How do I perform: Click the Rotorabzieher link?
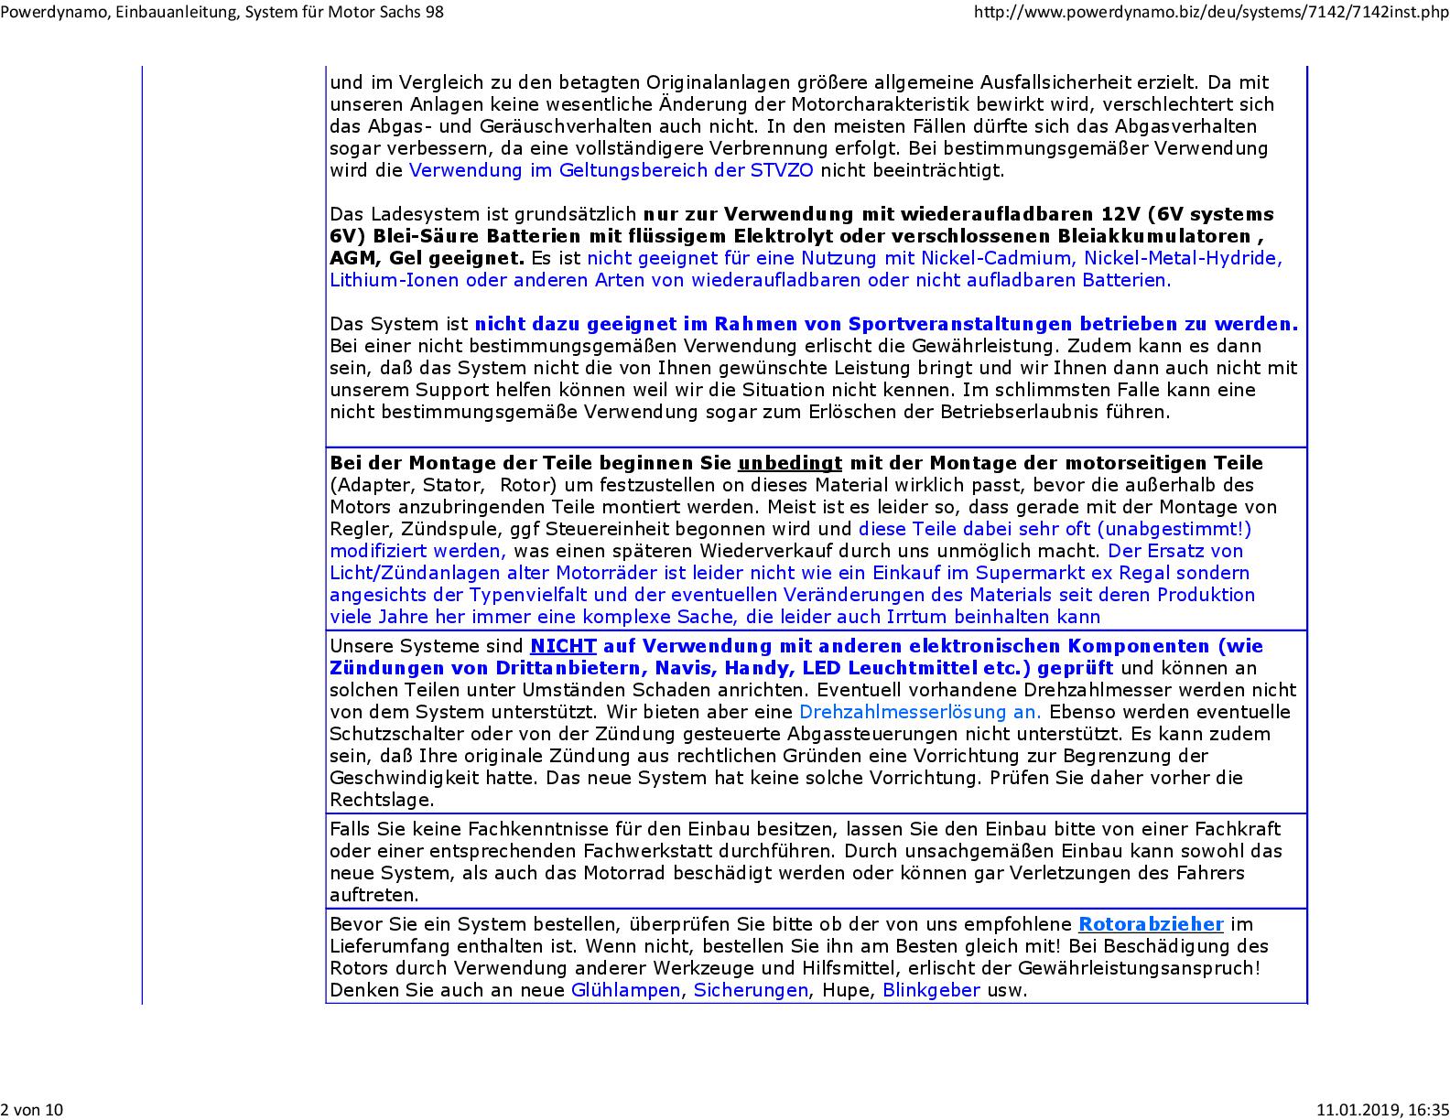pos(1151,924)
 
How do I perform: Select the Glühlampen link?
pos(626,990)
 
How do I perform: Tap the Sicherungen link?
pos(751,990)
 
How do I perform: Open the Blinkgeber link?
pos(931,990)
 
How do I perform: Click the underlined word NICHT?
pos(563,646)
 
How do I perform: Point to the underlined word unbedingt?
pos(790,463)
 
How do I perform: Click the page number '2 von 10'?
pos(32,1110)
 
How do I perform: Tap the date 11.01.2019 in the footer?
pos(1358,1110)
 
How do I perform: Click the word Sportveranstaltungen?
pos(961,324)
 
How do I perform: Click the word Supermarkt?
pos(1029,573)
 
